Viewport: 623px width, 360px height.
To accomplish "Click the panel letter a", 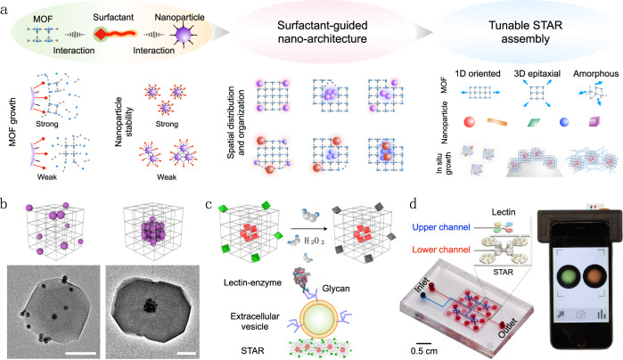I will click(x=6, y=8).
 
